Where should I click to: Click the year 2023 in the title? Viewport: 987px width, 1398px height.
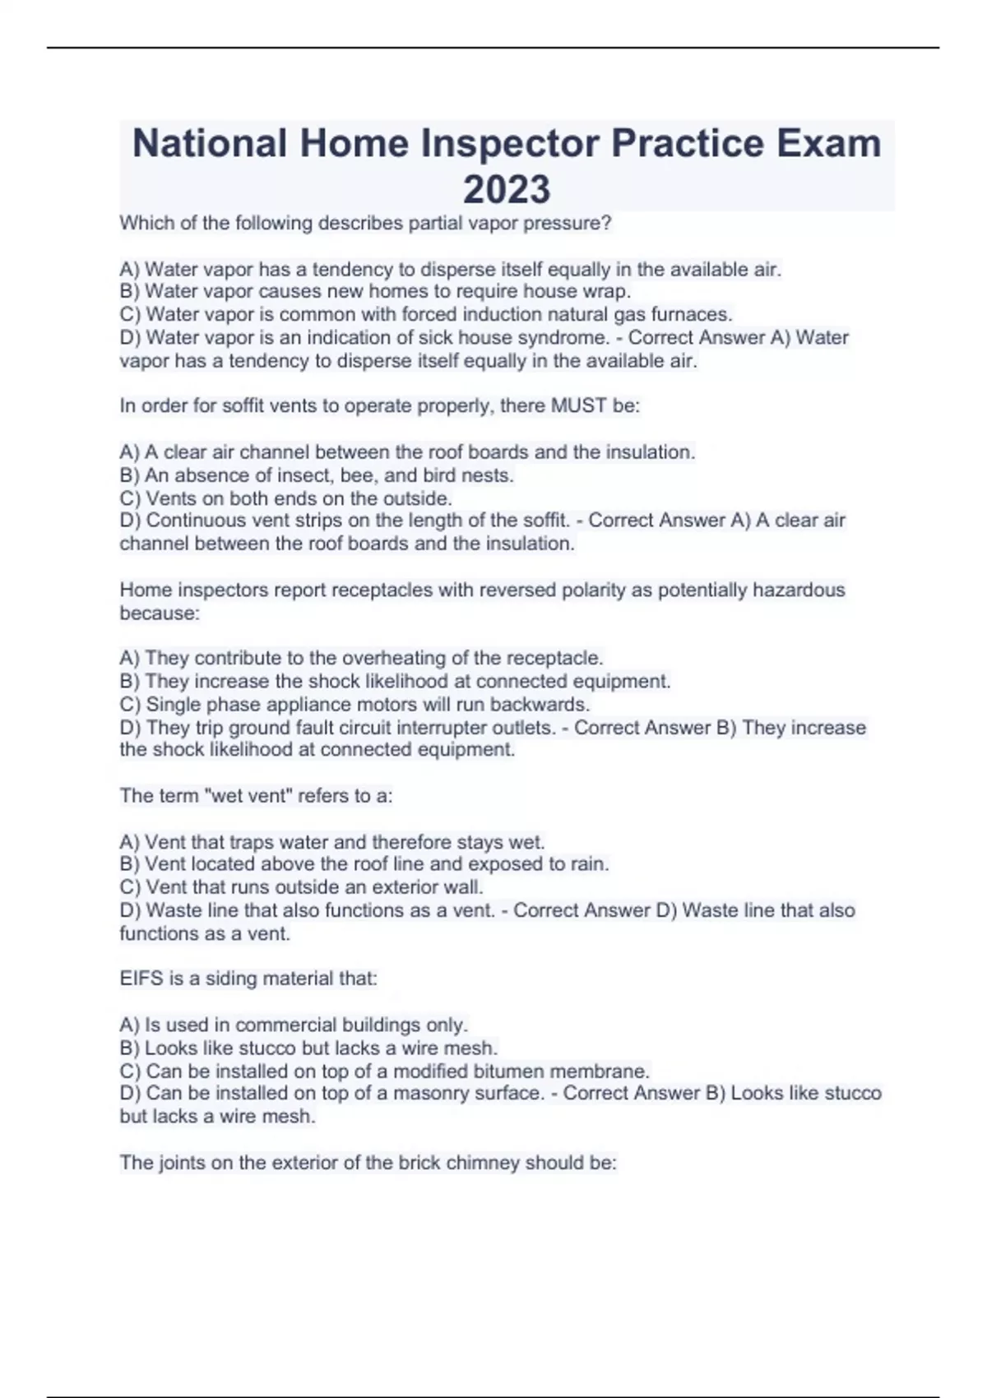[x=507, y=189]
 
